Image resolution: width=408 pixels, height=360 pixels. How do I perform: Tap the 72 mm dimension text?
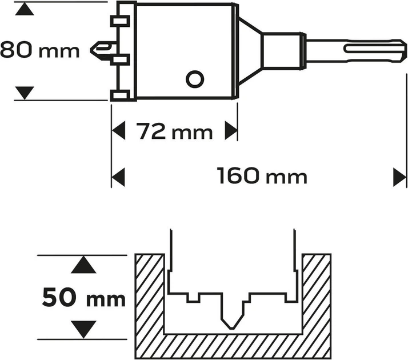[x=174, y=132]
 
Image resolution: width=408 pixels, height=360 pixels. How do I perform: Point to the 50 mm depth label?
[x=84, y=298]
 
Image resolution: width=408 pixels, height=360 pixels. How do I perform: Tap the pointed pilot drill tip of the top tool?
[x=97, y=50]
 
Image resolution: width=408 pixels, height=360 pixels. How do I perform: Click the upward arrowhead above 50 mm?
[x=84, y=265]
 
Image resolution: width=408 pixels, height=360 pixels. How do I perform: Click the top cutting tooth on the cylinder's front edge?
[x=118, y=22]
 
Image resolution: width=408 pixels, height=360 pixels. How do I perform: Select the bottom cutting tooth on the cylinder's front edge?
[x=118, y=95]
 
